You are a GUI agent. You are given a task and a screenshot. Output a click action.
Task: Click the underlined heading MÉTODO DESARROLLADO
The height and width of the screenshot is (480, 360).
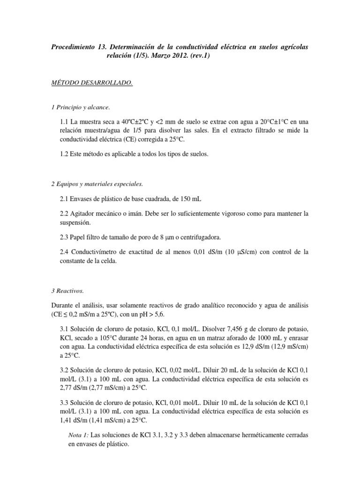[x=92, y=83]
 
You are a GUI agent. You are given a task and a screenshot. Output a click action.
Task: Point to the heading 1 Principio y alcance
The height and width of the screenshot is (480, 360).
[x=81, y=108]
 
